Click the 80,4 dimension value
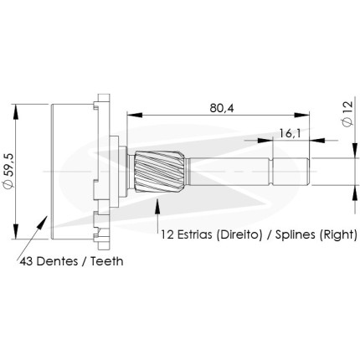(x=222, y=108)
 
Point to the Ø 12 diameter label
(x=347, y=114)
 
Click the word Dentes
(x=57, y=261)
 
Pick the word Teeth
(x=107, y=261)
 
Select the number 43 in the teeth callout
(x=27, y=261)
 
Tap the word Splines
(x=296, y=234)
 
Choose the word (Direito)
(x=239, y=234)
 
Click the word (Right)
(x=338, y=234)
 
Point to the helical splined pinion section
(x=159, y=172)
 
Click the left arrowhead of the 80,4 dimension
(x=135, y=115)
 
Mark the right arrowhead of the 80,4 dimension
(x=301, y=115)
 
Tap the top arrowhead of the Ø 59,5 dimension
(x=16, y=112)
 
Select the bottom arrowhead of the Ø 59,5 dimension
(x=16, y=231)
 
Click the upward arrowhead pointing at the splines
(x=158, y=206)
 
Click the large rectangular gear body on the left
(x=72, y=172)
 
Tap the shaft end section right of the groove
(x=291, y=172)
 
